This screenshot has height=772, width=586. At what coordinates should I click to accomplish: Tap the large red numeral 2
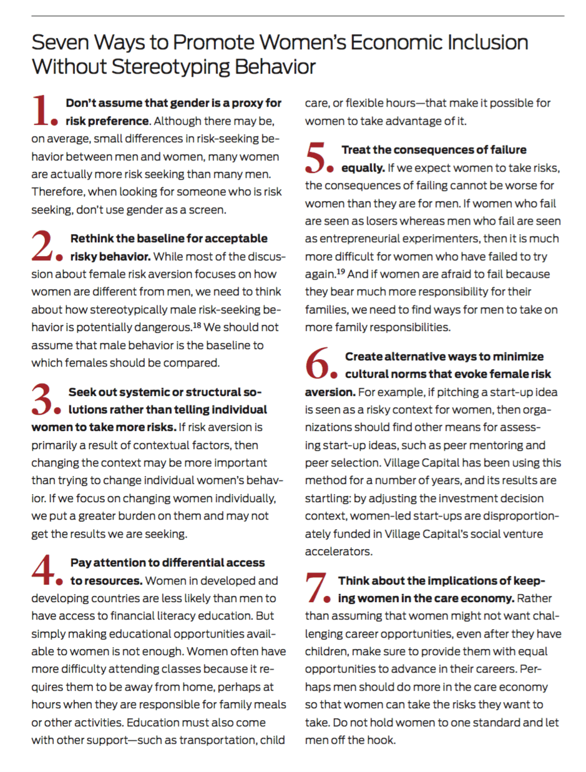tap(45, 246)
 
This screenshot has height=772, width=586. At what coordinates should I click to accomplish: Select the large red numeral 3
tap(44, 400)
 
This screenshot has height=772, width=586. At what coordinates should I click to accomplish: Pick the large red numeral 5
tap(319, 157)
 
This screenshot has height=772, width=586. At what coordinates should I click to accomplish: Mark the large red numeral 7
tap(319, 588)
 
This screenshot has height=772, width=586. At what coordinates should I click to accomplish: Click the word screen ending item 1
tap(205, 209)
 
